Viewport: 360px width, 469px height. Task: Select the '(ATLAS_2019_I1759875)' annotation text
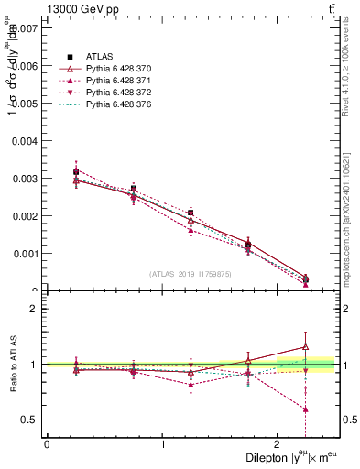tap(190, 273)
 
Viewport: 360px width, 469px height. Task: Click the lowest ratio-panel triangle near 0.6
tap(306, 409)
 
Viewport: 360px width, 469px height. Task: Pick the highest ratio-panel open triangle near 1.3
tap(306, 346)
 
